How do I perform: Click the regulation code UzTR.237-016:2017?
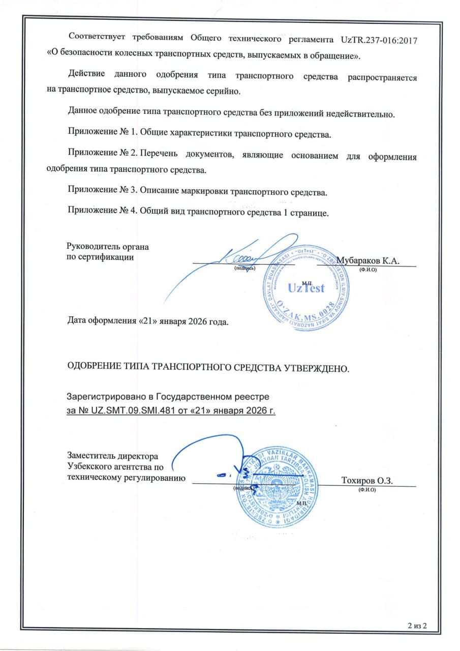377,40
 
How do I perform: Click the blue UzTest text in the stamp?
305,288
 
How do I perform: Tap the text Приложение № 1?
102,135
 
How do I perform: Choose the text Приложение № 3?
102,193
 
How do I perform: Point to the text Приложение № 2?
102,157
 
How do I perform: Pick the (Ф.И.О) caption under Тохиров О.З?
366,490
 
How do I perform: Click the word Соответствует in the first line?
100,40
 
